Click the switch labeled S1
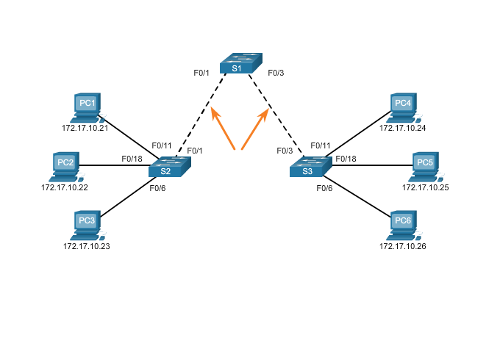pyautogui.click(x=240, y=64)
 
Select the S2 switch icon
pyautogui.click(x=169, y=168)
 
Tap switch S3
pyautogui.click(x=310, y=168)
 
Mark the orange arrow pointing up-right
pyautogui.click(x=255, y=129)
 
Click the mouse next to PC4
pyautogui.click(x=418, y=119)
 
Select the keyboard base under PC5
pyautogui.click(x=422, y=179)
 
